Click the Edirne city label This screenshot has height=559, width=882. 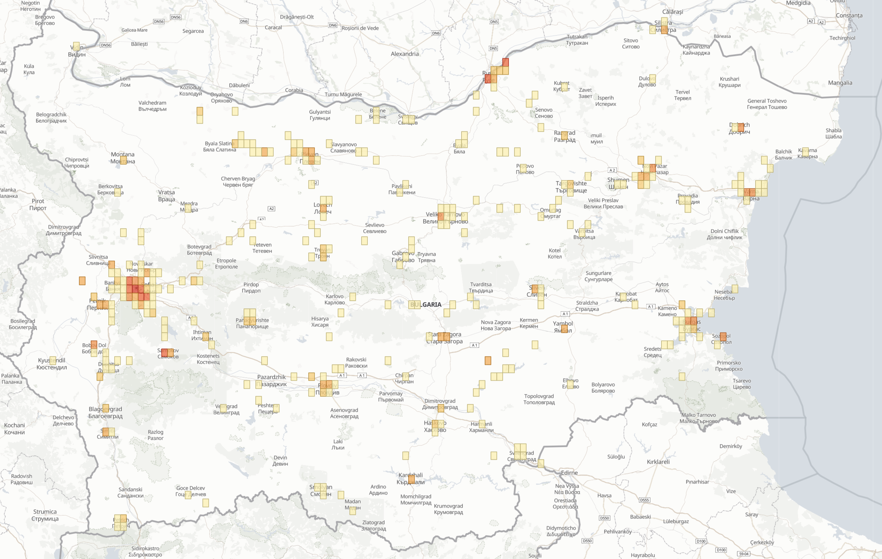(569, 473)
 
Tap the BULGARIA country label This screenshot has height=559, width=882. (426, 305)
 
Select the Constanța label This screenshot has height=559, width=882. (849, 15)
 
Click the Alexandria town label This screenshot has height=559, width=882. (404, 54)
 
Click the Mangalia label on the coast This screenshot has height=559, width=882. (840, 83)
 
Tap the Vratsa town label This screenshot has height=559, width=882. (166, 196)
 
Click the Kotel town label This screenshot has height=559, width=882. (554, 253)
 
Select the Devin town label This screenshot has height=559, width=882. (280, 460)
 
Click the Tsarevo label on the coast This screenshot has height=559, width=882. (742, 384)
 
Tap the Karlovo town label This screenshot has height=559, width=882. (334, 299)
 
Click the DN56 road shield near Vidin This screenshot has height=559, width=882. (106, 45)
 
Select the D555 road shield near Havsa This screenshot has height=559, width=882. (644, 500)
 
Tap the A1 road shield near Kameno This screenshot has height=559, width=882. (650, 306)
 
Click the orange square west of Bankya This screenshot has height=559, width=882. (82, 281)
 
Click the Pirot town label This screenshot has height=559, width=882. (38, 204)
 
